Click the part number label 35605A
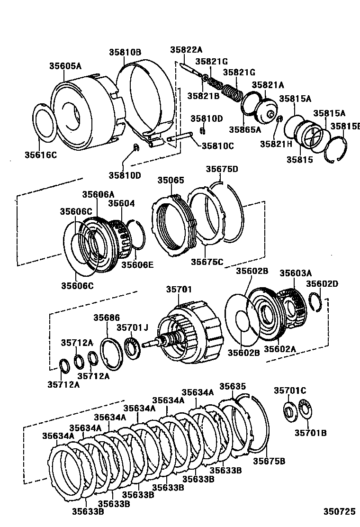(x=65, y=66)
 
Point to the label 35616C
(x=41, y=154)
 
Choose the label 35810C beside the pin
(x=218, y=146)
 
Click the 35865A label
(x=245, y=129)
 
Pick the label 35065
(x=171, y=180)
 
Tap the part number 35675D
(x=222, y=169)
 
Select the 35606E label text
(x=137, y=264)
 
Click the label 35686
(x=107, y=318)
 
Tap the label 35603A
(x=296, y=273)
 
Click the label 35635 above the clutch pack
(x=233, y=386)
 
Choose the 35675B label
(x=269, y=461)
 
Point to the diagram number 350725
(x=339, y=512)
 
